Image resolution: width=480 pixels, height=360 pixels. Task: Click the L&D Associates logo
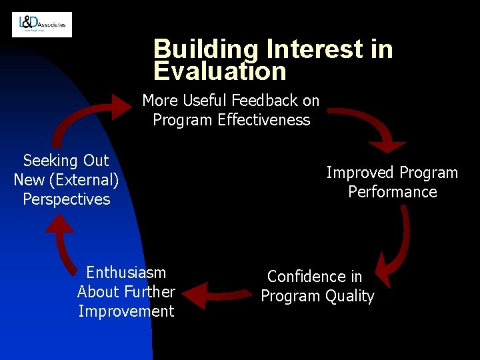coord(42,25)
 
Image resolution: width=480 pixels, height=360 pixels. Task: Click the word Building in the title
coord(206,49)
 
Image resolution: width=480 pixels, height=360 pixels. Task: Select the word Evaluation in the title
coord(219,71)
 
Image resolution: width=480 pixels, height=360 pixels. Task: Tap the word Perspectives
coord(66,199)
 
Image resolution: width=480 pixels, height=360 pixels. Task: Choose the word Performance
coord(392,192)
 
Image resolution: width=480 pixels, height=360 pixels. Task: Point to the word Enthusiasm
coord(126,273)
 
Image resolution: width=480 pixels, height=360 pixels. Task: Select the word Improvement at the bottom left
coord(126,311)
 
